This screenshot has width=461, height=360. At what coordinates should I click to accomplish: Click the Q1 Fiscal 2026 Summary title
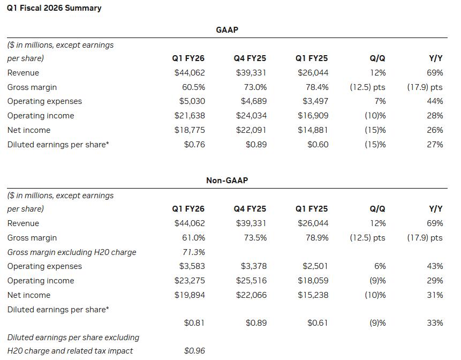pyautogui.click(x=54, y=8)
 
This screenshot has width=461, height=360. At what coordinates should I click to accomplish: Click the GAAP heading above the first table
pyautogui.click(x=227, y=29)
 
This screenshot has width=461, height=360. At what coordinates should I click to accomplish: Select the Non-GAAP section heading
pyautogui.click(x=227, y=180)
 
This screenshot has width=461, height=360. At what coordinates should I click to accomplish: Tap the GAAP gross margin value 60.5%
pyautogui.click(x=193, y=87)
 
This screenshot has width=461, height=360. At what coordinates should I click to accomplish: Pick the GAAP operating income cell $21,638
pyautogui.click(x=190, y=116)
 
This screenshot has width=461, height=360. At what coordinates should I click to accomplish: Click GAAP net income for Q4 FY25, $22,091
pyautogui.click(x=251, y=130)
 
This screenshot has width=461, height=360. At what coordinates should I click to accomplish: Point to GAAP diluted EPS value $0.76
pyautogui.click(x=194, y=145)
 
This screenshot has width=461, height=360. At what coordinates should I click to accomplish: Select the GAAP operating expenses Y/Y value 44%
pyautogui.click(x=435, y=101)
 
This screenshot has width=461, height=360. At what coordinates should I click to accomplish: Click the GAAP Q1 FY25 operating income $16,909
pyautogui.click(x=313, y=116)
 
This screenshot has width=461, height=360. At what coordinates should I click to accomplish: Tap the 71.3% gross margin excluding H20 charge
pyautogui.click(x=193, y=252)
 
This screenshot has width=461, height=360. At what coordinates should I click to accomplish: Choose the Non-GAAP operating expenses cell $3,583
pyautogui.click(x=192, y=266)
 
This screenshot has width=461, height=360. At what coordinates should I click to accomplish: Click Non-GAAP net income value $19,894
pyautogui.click(x=190, y=295)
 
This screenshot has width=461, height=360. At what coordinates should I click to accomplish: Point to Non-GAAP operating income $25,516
pyautogui.click(x=251, y=281)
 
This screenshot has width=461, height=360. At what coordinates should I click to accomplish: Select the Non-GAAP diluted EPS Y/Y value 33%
pyautogui.click(x=435, y=323)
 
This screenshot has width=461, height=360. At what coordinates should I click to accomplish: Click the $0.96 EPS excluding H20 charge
pyautogui.click(x=194, y=350)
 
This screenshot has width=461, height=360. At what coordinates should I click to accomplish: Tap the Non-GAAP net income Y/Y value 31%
pyautogui.click(x=435, y=295)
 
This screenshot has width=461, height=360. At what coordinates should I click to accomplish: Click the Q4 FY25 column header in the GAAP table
pyautogui.click(x=250, y=58)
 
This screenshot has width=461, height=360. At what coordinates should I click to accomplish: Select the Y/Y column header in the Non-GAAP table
pyautogui.click(x=436, y=209)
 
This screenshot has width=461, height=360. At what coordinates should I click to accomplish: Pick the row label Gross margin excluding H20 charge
pyautogui.click(x=72, y=252)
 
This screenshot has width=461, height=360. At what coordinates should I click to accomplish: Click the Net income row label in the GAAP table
pyautogui.click(x=29, y=130)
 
